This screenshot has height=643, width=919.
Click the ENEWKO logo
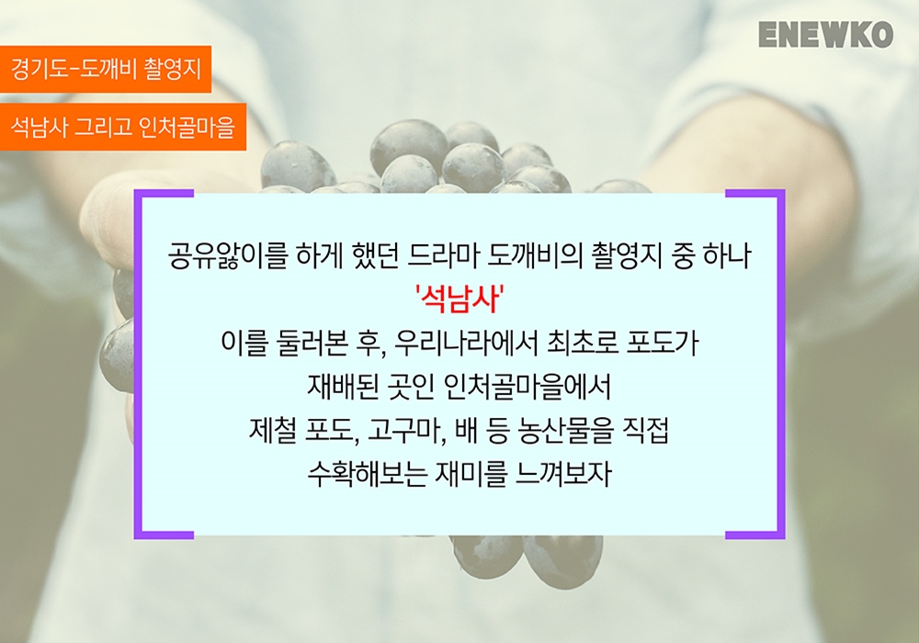point(825,34)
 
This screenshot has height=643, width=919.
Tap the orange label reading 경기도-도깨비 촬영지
point(106,69)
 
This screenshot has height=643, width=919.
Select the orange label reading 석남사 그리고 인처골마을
point(123,127)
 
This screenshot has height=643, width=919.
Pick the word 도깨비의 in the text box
point(535,256)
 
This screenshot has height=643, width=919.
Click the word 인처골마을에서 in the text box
point(528,387)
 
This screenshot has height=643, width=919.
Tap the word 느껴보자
point(563,474)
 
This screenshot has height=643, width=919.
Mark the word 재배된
point(343,387)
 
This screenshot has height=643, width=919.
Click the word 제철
point(273,431)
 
